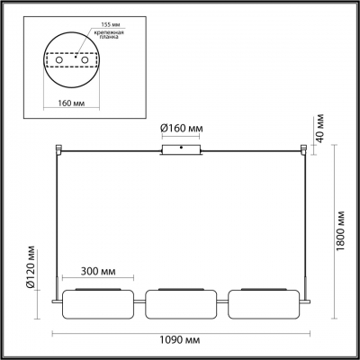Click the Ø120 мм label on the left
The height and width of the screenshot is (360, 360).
[x=31, y=266]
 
